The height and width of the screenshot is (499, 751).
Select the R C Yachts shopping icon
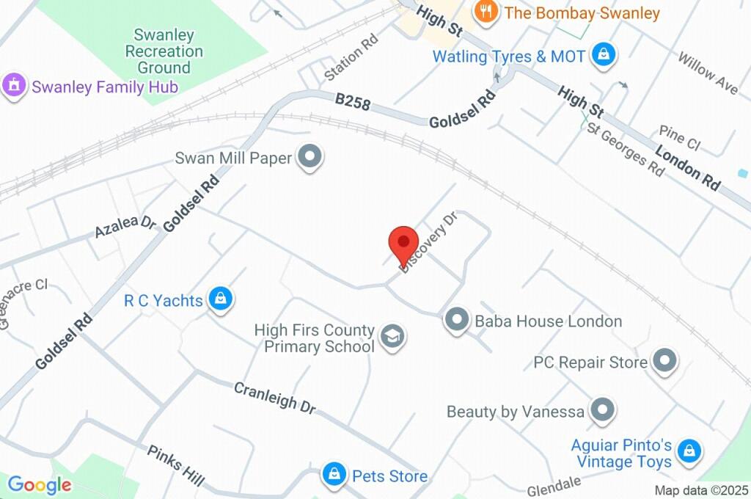219,299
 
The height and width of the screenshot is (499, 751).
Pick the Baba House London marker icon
457,320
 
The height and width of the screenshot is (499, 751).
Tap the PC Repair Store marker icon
665,361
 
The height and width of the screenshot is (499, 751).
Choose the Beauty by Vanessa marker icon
602,410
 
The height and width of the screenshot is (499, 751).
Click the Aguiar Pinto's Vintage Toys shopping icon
689,451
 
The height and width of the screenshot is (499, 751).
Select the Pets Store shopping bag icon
334,475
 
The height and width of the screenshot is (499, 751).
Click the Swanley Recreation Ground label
164,51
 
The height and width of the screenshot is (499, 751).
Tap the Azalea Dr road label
125,226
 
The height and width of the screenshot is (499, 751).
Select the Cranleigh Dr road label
275,397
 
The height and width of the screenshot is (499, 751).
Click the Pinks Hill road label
175,465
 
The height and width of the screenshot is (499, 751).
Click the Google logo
40,484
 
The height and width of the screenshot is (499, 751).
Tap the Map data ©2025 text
700,490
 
